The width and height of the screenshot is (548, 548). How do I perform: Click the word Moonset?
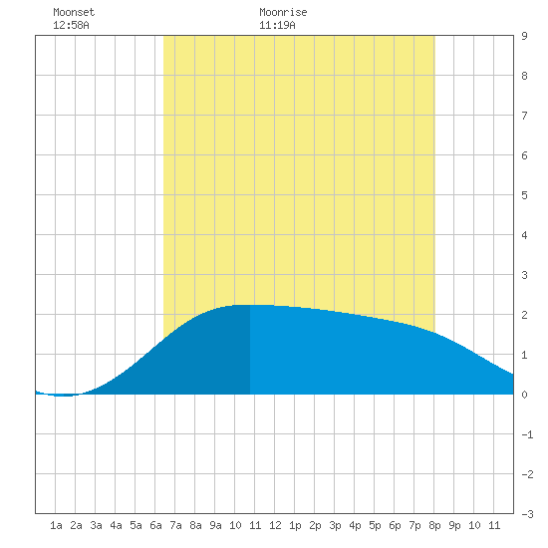(x=74, y=12)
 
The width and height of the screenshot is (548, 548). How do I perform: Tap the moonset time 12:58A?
(x=71, y=25)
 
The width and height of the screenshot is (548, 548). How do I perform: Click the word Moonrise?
(x=283, y=12)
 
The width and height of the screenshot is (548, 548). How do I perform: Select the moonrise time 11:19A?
(x=277, y=25)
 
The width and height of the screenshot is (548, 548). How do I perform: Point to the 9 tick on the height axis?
(x=524, y=36)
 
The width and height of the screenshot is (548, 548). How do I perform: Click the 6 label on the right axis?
(x=524, y=155)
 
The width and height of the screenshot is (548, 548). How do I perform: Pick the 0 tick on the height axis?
(x=524, y=395)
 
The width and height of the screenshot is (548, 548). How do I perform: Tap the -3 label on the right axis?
(x=527, y=514)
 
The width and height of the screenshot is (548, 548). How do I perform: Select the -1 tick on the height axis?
(x=527, y=434)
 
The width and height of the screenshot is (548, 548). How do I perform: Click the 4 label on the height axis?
(x=524, y=235)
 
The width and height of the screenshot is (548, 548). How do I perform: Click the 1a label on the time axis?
(x=56, y=525)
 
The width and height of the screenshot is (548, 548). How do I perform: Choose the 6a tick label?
(x=155, y=525)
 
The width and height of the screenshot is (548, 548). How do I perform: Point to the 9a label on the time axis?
(x=215, y=525)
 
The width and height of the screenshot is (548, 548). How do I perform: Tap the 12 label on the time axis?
(x=275, y=525)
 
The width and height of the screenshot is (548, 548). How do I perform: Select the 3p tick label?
(x=335, y=525)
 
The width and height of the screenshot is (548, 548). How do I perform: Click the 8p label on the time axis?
(x=434, y=525)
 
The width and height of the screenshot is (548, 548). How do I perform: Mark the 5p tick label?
(x=375, y=525)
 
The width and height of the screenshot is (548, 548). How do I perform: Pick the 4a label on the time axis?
(x=116, y=525)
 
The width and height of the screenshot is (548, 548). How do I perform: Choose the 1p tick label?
(x=295, y=525)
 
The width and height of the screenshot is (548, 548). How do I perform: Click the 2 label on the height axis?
(x=524, y=315)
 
